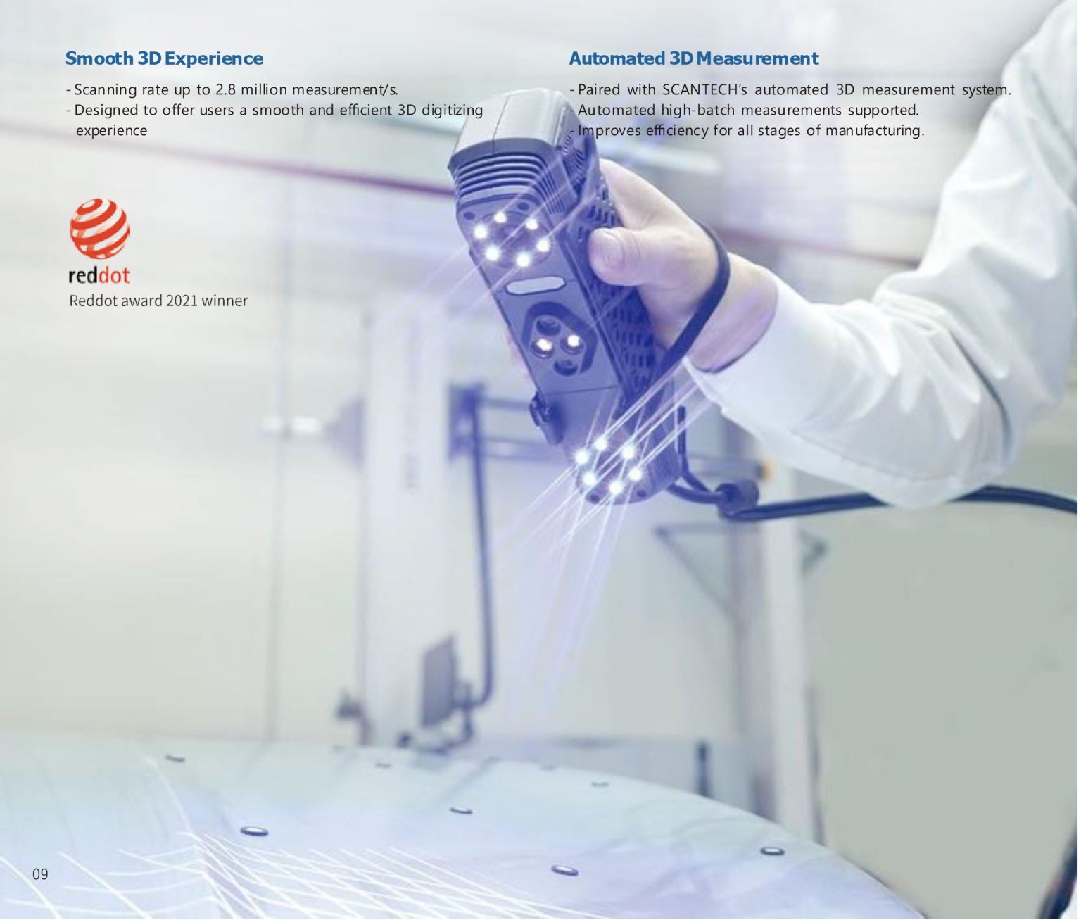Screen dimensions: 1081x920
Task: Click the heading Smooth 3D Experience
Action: (x=164, y=58)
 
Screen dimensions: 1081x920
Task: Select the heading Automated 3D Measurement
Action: (x=693, y=58)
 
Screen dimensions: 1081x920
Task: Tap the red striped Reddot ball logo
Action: (x=100, y=229)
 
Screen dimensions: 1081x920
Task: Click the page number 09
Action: (x=40, y=874)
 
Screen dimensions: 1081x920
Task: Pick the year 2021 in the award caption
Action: (x=181, y=301)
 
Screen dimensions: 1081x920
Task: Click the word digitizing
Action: (x=452, y=111)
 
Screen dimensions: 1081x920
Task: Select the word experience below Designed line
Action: (x=111, y=132)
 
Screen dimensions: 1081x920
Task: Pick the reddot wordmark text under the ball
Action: (x=99, y=275)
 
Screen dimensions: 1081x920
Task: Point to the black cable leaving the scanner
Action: (x=899, y=500)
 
